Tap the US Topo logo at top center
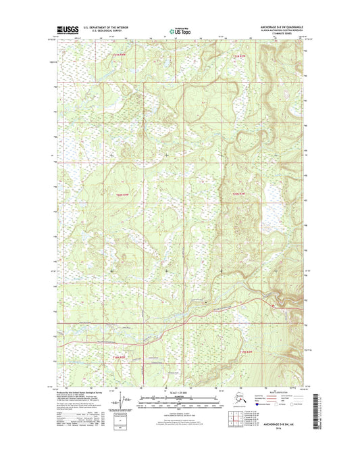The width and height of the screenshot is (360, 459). [179, 30]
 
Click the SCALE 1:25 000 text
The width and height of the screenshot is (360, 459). [180, 393]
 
